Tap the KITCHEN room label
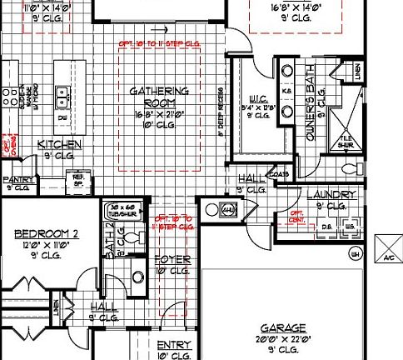(x=59, y=145)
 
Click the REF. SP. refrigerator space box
(x=81, y=178)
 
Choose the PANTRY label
(x=17, y=178)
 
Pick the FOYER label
(x=172, y=260)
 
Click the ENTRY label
(x=174, y=345)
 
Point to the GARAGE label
(x=282, y=327)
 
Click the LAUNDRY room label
(x=331, y=195)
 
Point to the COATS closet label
(x=276, y=176)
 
